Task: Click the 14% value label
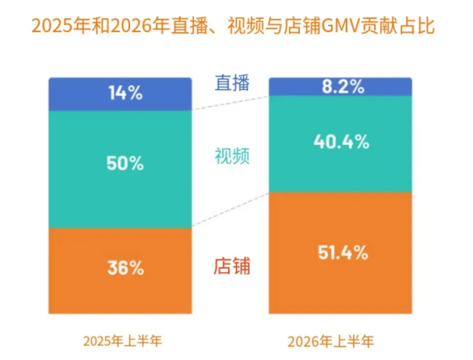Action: [x=125, y=93]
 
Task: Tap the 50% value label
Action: [x=125, y=163]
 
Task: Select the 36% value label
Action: [x=125, y=268]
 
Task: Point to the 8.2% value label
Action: [x=343, y=87]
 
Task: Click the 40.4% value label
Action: [x=341, y=142]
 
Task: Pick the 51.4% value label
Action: [x=343, y=252]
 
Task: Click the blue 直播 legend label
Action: [x=232, y=83]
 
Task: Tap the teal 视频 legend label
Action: [x=232, y=156]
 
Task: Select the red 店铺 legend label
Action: [x=232, y=266]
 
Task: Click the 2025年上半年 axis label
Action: [x=123, y=341]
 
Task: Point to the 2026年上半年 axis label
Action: [x=331, y=341]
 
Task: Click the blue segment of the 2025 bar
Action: [x=120, y=94]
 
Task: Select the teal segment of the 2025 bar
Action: [x=120, y=169]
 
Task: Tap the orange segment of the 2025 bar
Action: [x=120, y=271]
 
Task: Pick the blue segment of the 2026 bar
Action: [x=341, y=87]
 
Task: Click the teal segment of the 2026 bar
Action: [x=341, y=144]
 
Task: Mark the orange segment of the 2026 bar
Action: [x=341, y=253]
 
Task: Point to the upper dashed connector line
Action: [x=230, y=103]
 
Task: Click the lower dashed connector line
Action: [x=230, y=210]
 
